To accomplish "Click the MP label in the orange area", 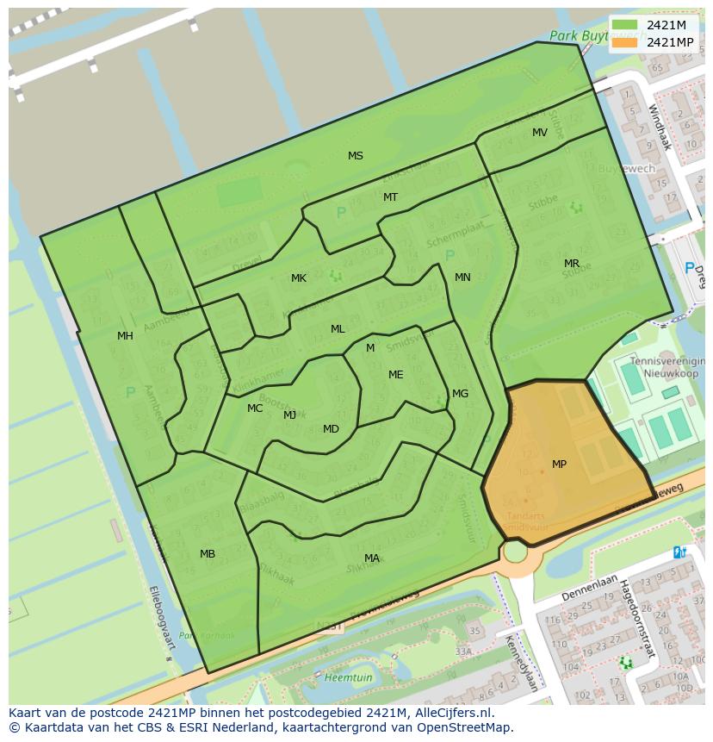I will pos(559,465).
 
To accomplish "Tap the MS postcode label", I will pos(355,156).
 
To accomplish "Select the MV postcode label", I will pos(539,133).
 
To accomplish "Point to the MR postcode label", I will pos(571,264).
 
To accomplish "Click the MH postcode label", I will pos(125,336).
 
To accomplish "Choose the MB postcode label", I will pos(208,554).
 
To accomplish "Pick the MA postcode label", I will pos(371,558).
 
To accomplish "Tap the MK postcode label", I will pos(298,278).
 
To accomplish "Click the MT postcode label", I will pos(390,197).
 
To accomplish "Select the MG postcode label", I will pos(460,394).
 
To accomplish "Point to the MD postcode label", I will pos(331,429).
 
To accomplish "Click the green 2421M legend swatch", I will pos(625,25).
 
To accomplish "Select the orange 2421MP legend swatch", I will pos(625,42).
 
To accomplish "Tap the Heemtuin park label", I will pos(348,677).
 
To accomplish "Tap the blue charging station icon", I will pos(679,552).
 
